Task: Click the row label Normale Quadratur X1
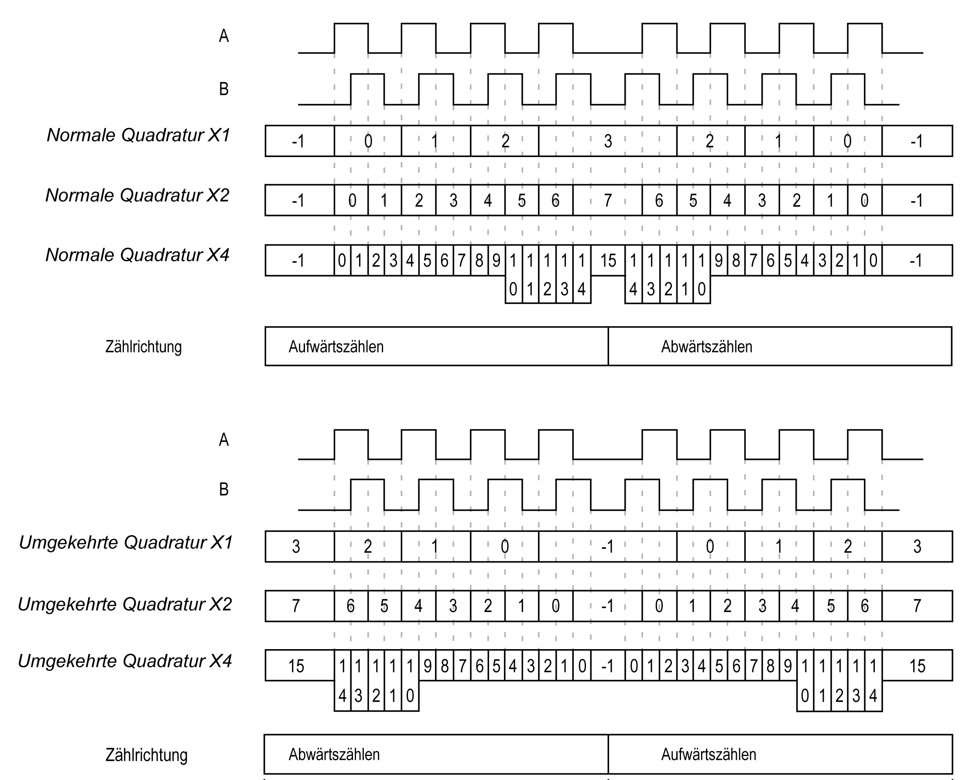click(138, 135)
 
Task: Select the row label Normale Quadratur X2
click(137, 195)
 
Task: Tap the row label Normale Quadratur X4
click(137, 255)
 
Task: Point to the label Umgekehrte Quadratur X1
click(126, 543)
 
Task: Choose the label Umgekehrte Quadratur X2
click(125, 604)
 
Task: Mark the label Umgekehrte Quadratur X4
click(125, 661)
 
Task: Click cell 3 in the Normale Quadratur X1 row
click(608, 141)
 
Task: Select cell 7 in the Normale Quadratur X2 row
click(607, 200)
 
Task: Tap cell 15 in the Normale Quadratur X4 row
click(608, 260)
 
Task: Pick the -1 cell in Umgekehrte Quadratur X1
click(607, 547)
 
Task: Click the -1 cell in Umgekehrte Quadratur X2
click(607, 606)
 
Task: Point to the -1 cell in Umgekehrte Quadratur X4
click(607, 666)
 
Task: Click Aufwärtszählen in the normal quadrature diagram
click(336, 347)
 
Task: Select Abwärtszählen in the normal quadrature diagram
click(707, 347)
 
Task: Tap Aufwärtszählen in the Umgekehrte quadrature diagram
click(709, 754)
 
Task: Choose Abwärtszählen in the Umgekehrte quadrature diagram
click(334, 754)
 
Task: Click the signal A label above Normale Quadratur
click(224, 36)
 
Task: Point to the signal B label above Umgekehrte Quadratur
click(224, 489)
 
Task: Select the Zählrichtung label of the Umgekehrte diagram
click(147, 755)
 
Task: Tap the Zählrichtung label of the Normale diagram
click(144, 347)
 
